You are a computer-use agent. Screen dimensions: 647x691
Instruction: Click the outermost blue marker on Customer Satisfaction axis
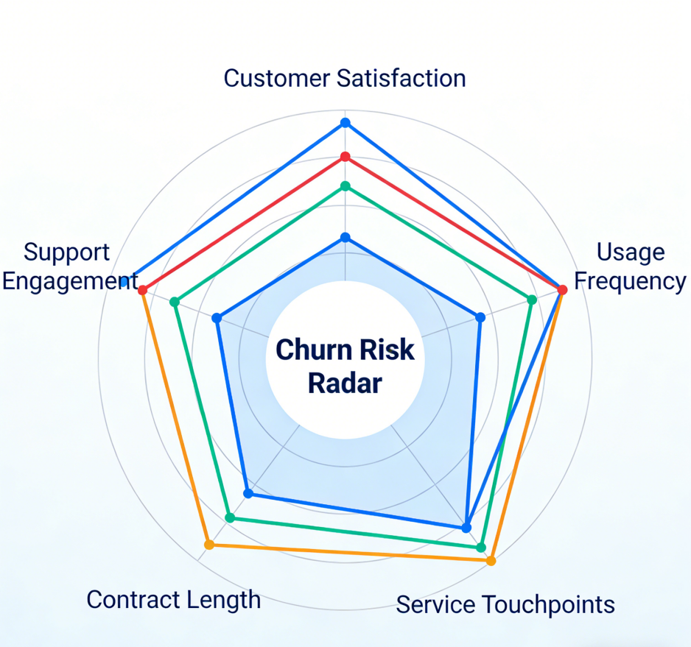click(345, 122)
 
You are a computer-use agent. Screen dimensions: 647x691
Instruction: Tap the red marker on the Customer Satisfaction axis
click(345, 157)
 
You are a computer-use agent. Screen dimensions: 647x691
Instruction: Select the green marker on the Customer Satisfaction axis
click(345, 185)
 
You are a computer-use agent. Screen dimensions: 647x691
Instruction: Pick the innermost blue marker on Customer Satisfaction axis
click(345, 238)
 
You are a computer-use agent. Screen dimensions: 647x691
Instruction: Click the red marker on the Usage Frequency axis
click(562, 290)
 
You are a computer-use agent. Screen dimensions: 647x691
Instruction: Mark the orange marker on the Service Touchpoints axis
click(491, 561)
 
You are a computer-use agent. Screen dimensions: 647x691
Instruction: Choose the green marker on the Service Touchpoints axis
click(481, 547)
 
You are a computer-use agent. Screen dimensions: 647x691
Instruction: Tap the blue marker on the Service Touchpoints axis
click(466, 527)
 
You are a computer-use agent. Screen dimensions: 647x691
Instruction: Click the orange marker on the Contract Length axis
click(209, 545)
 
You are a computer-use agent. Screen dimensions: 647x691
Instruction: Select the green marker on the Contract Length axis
click(229, 517)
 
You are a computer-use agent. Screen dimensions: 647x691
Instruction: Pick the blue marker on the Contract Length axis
click(248, 493)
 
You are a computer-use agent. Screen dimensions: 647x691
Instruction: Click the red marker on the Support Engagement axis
click(143, 290)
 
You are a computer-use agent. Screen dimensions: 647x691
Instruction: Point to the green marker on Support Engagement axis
click(175, 302)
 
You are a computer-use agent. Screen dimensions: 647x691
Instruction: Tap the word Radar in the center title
click(345, 383)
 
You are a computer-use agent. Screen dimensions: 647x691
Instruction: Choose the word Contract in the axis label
click(131, 599)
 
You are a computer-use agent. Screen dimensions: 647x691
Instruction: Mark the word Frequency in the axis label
click(630, 281)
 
